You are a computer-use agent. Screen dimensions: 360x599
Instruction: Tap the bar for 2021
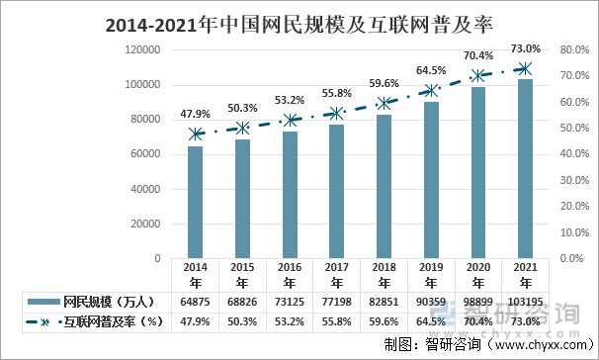coord(525,169)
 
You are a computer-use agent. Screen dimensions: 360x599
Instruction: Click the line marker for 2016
coord(290,120)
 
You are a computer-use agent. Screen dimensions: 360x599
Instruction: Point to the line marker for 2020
coord(478,75)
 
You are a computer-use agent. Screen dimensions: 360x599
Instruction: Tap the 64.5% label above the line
coord(431,71)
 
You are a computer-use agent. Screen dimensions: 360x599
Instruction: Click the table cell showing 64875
coord(196,301)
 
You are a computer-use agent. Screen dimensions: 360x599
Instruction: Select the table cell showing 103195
coord(525,301)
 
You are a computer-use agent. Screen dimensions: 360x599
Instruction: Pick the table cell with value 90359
coord(431,301)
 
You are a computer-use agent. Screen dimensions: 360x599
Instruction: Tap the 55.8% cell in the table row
coord(337,321)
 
